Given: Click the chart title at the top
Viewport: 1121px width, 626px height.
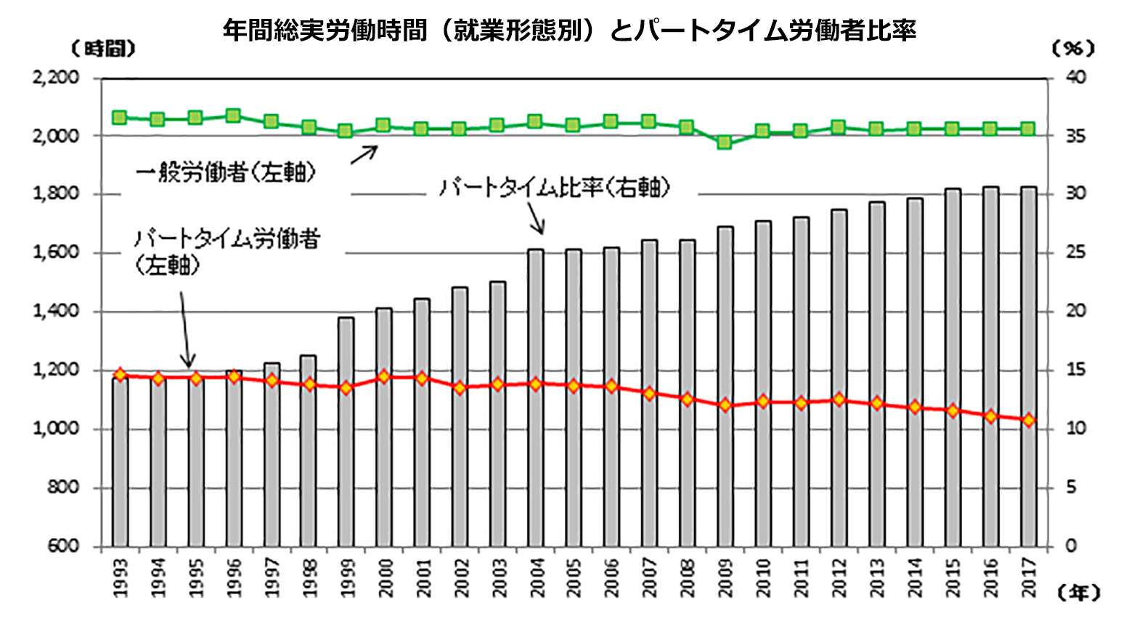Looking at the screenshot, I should [569, 31].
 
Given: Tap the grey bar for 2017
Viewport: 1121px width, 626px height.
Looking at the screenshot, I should [1027, 366].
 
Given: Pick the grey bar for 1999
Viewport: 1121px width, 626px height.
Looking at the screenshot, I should [346, 431].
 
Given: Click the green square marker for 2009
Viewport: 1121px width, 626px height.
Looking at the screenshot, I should [724, 142].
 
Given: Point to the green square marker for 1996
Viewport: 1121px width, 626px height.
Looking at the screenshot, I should [233, 115].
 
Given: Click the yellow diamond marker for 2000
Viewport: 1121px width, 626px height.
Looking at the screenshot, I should [384, 377].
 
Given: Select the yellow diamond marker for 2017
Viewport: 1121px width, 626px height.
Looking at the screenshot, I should [1027, 420].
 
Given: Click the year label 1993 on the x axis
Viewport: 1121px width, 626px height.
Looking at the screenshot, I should [121, 578].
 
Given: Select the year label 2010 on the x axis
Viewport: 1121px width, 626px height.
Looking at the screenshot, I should [762, 578].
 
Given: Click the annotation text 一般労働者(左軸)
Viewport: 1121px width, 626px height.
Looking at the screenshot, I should [226, 172].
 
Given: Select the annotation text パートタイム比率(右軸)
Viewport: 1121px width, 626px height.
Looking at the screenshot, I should [554, 187].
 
